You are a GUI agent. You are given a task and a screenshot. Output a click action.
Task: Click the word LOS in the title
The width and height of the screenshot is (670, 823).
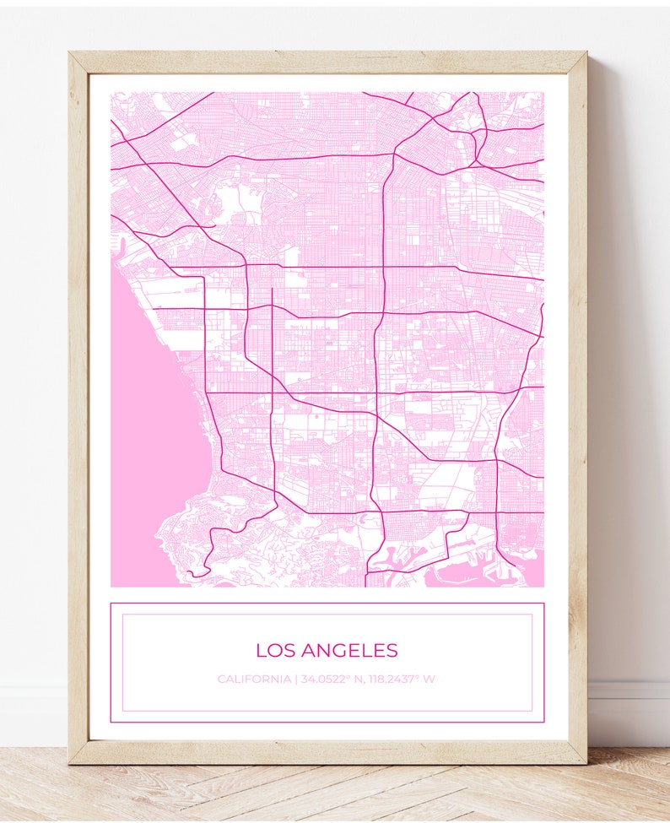click(274, 651)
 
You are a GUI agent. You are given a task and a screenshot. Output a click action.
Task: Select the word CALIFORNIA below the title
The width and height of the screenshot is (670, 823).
click(253, 679)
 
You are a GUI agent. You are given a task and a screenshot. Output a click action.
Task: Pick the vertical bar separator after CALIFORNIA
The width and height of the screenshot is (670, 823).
click(295, 679)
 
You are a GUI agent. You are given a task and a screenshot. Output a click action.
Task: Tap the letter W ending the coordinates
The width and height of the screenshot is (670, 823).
click(430, 679)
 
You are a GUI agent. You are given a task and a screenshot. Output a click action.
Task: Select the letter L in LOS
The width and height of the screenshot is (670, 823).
click(261, 651)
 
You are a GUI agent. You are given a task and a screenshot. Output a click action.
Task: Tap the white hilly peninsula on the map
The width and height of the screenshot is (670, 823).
click(245, 549)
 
